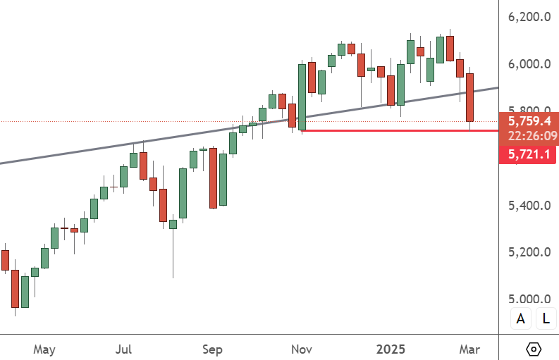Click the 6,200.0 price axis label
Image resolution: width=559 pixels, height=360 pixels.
pyautogui.click(x=529, y=16)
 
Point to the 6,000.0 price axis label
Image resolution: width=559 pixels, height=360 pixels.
pyautogui.click(x=529, y=64)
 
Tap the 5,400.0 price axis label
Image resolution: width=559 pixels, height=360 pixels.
pyautogui.click(x=529, y=206)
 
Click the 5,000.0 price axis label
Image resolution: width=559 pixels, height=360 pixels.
pyautogui.click(x=529, y=299)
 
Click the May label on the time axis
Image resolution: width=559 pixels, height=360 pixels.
pyautogui.click(x=44, y=349)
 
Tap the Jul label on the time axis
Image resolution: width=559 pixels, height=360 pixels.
pyautogui.click(x=124, y=349)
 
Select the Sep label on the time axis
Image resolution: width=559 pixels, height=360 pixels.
pyautogui.click(x=213, y=349)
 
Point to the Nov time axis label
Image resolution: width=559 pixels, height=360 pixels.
pyautogui.click(x=302, y=349)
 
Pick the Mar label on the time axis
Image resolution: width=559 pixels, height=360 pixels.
pyautogui.click(x=469, y=349)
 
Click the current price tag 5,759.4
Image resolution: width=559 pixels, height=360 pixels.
pyautogui.click(x=528, y=121)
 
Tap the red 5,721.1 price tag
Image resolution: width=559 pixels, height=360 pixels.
pyautogui.click(x=528, y=154)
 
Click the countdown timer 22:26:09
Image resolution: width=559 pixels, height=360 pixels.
pyautogui.click(x=528, y=135)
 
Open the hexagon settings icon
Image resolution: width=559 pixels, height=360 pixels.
pyautogui.click(x=534, y=349)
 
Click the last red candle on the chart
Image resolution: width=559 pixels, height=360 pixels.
pyautogui.click(x=469, y=97)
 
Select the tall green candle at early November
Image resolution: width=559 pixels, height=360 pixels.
pyautogui.click(x=302, y=97)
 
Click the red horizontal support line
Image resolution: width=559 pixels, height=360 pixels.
pyautogui.click(x=395, y=130)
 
